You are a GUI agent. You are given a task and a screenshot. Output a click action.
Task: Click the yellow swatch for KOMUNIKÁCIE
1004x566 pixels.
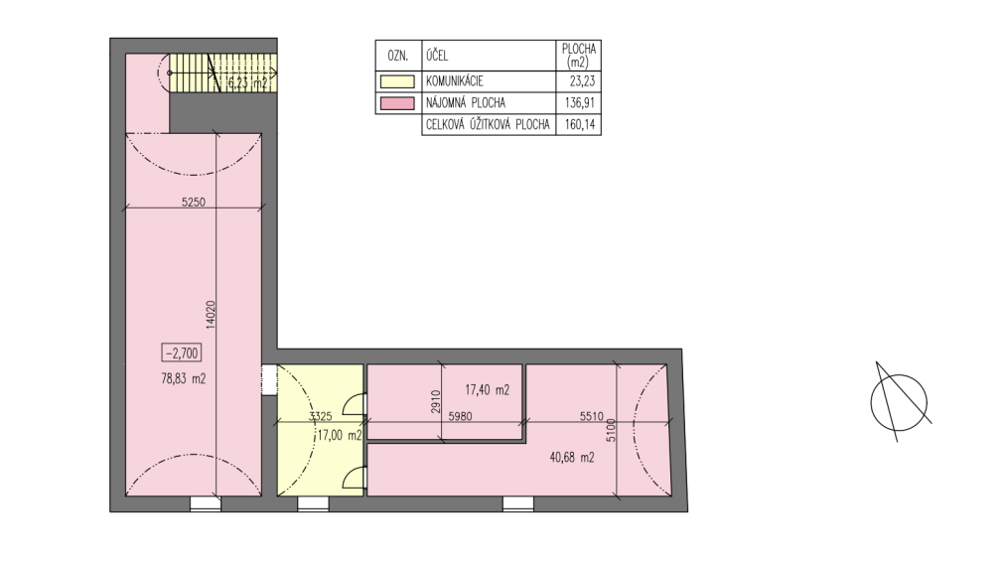click(x=398, y=82)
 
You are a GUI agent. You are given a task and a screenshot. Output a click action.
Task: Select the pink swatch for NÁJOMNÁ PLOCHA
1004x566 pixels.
click(x=398, y=103)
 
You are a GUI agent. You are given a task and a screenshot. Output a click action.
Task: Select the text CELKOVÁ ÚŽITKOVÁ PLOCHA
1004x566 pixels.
click(x=488, y=125)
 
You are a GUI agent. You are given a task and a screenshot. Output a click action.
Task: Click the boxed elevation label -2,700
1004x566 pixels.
click(x=182, y=353)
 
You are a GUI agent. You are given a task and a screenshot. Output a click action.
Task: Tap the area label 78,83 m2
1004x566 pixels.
click(x=182, y=378)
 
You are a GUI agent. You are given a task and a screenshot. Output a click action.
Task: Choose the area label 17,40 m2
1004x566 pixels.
click(x=487, y=390)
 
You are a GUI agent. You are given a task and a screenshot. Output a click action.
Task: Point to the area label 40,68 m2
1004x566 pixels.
click(x=572, y=458)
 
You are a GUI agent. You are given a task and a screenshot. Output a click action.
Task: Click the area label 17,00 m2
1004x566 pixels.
click(x=338, y=434)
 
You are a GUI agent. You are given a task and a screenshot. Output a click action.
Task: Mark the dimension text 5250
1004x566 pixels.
click(x=193, y=203)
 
